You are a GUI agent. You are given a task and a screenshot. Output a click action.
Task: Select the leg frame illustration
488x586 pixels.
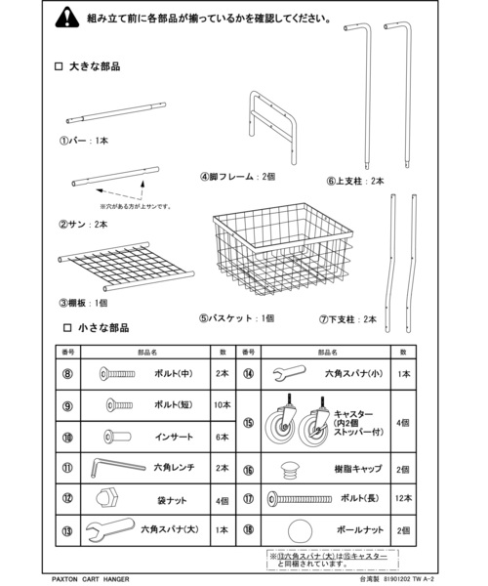pyautogui.click(x=274, y=123)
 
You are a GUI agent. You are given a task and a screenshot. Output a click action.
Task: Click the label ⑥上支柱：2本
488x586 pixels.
pyautogui.click(x=355, y=180)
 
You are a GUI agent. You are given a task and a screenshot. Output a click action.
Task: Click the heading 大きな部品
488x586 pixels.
pyautogui.click(x=102, y=66)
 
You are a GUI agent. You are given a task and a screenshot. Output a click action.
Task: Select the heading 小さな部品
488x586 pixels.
pyautogui.click(x=102, y=328)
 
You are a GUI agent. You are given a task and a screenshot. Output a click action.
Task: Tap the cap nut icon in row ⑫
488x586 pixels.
pyautogui.click(x=110, y=499)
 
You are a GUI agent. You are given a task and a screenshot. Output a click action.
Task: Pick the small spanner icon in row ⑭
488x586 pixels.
pyautogui.click(x=289, y=373)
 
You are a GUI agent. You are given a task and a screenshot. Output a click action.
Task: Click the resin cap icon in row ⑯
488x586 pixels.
pyautogui.click(x=289, y=468)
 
